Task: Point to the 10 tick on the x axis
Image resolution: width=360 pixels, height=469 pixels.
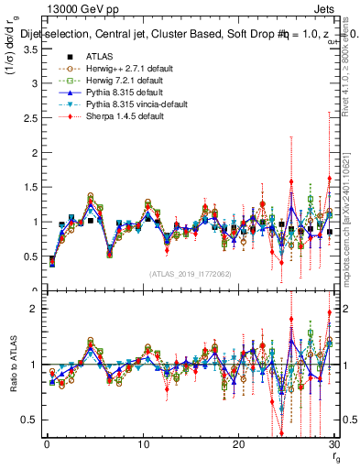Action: pos(143,443)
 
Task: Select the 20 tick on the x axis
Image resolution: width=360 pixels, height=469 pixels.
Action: pos(238,443)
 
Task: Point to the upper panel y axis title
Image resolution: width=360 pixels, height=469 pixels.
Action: pos(12,55)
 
